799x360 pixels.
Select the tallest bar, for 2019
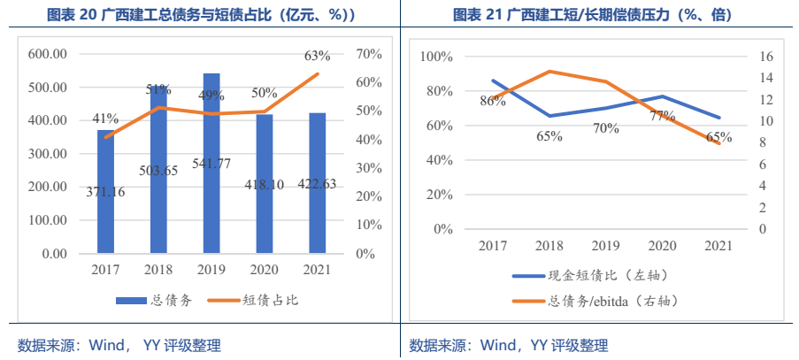click(x=211, y=163)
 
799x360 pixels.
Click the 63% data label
click(x=317, y=56)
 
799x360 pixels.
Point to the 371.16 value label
click(x=106, y=191)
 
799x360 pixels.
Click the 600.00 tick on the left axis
click(x=49, y=54)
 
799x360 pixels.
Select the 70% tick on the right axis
click(x=368, y=54)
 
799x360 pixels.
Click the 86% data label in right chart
click(x=493, y=101)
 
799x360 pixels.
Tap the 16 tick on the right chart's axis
click(x=767, y=57)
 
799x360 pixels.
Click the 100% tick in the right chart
click(x=435, y=57)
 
